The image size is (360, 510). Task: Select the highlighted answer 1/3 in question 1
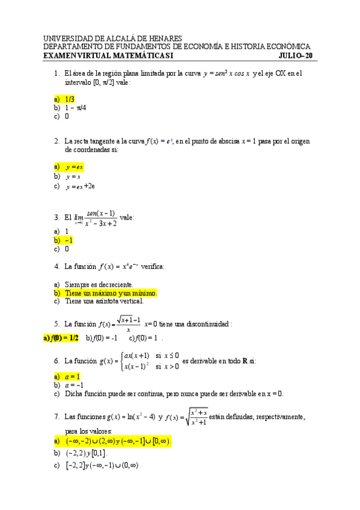(x=70, y=99)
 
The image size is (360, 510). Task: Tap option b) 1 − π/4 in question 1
(x=76, y=108)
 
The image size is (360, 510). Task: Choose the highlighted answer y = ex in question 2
(x=75, y=167)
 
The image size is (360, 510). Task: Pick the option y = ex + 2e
(x=81, y=186)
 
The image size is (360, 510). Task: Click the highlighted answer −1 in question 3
(x=69, y=240)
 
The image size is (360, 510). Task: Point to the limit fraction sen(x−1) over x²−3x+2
(x=100, y=218)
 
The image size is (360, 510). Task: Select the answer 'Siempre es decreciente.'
(x=99, y=284)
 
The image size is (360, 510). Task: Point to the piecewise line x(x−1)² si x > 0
(x=151, y=366)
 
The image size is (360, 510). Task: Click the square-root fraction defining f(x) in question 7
(x=197, y=417)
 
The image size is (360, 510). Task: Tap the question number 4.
(x=56, y=266)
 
